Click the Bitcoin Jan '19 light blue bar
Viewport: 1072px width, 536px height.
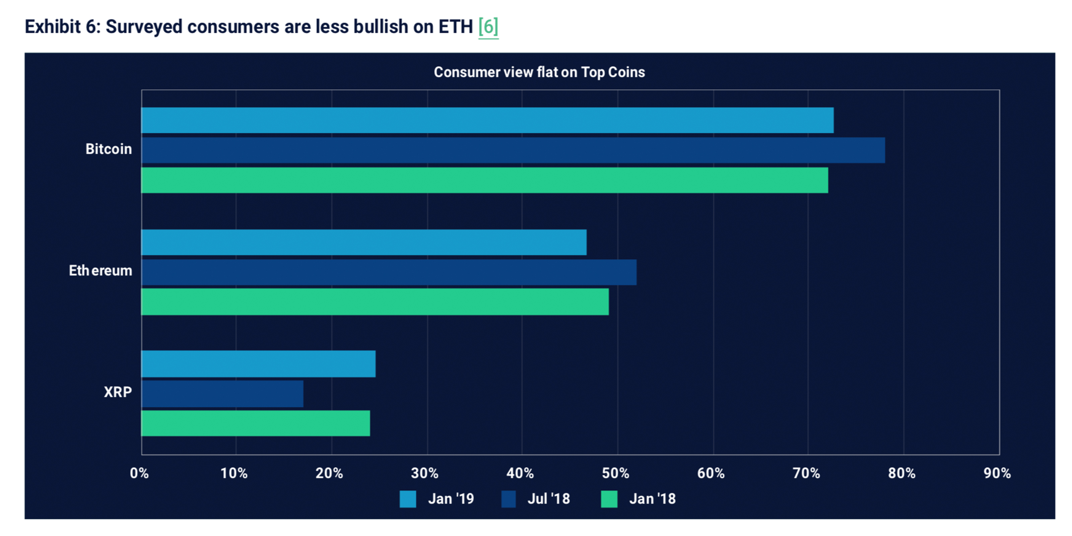487,120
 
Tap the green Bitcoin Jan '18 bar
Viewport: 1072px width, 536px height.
484,180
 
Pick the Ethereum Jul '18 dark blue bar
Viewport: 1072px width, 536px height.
389,272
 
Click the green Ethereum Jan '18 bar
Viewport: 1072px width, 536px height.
375,302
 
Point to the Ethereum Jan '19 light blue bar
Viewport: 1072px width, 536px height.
364,242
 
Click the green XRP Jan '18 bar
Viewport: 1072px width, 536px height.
256,423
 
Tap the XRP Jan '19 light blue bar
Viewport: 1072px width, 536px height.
258,364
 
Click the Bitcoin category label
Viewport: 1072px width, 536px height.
109,149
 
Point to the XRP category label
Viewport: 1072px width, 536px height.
118,392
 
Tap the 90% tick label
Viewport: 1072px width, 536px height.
997,473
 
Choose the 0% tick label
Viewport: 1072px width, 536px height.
139,473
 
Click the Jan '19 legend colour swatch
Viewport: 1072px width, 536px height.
408,499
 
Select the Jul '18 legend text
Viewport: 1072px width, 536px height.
548,498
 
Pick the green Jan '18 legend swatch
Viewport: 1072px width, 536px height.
609,499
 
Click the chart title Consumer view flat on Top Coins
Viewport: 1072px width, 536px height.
539,72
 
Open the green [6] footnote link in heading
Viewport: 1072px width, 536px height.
488,27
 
